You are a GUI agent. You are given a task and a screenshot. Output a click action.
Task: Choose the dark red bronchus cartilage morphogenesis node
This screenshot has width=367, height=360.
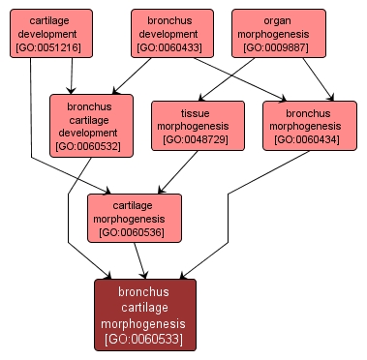(x=145, y=314)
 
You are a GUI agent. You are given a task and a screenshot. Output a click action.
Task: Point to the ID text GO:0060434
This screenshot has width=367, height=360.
(x=306, y=139)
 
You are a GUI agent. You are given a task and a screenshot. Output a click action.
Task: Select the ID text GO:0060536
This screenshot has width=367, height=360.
(x=135, y=232)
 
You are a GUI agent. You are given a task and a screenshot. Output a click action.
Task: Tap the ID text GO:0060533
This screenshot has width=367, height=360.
(x=145, y=341)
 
